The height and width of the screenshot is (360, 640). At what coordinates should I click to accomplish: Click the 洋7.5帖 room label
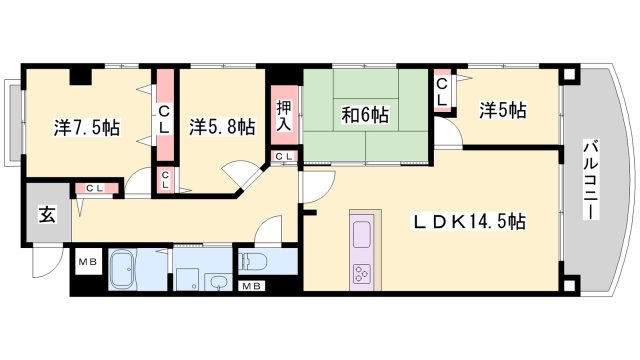pyautogui.click(x=87, y=128)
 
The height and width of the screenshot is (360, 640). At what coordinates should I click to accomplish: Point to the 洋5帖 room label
pyautogui.click(x=501, y=109)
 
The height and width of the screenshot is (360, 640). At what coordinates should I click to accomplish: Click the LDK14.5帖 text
pyautogui.click(x=471, y=222)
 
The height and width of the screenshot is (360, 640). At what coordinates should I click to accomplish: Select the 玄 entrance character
pyautogui.click(x=46, y=213)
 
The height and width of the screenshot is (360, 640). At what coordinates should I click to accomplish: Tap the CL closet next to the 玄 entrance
pyautogui.click(x=94, y=187)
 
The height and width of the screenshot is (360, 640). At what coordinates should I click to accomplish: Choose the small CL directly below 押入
pyautogui.click(x=284, y=157)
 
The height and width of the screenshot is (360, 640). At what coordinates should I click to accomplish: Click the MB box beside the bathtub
pyautogui.click(x=87, y=262)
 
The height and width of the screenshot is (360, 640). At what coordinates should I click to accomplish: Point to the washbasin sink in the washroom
pyautogui.click(x=217, y=282)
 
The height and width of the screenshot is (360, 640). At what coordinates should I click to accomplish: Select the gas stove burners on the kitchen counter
pyautogui.click(x=360, y=273)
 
